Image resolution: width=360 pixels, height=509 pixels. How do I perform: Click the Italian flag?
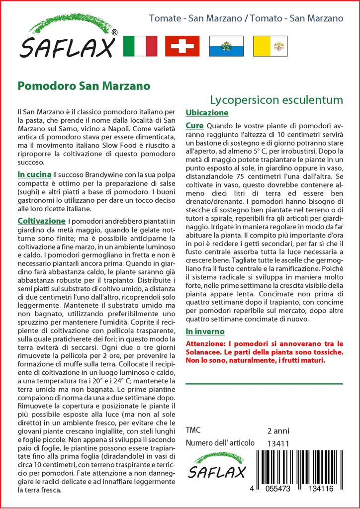pyautogui.click(x=140, y=46)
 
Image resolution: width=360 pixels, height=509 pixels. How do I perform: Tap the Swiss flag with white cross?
pyautogui.click(x=182, y=46)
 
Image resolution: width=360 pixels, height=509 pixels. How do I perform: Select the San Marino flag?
pyautogui.click(x=226, y=46)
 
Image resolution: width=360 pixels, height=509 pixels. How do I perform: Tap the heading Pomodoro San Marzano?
pyautogui.click(x=84, y=85)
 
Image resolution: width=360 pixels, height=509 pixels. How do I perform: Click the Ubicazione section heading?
pyautogui.click(x=207, y=113)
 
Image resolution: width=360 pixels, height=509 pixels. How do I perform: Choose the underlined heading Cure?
pyautogui.click(x=194, y=126)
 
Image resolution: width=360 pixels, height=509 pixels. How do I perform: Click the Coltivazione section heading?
pyautogui.click(x=41, y=220)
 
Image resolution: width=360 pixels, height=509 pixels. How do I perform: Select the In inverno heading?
pyautogui.click(x=205, y=332)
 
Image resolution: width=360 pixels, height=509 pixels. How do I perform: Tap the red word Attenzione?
pyautogui.click(x=206, y=343)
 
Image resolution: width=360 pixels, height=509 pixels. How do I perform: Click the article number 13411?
pyautogui.click(x=278, y=443)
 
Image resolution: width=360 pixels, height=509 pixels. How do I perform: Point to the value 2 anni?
pyautogui.click(x=278, y=430)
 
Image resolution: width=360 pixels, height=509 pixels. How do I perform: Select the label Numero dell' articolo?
pyautogui.click(x=220, y=443)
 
